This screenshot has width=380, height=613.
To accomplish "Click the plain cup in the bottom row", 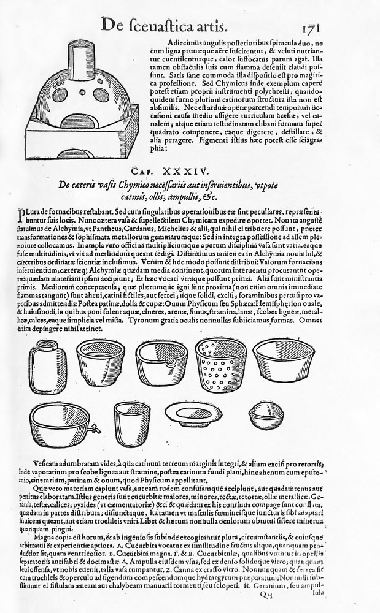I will pyautogui.click(x=131, y=424).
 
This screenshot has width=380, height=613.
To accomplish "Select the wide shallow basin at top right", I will pyautogui.click(x=284, y=360).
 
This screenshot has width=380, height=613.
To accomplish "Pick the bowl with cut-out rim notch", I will pyautogui.click(x=161, y=362).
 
